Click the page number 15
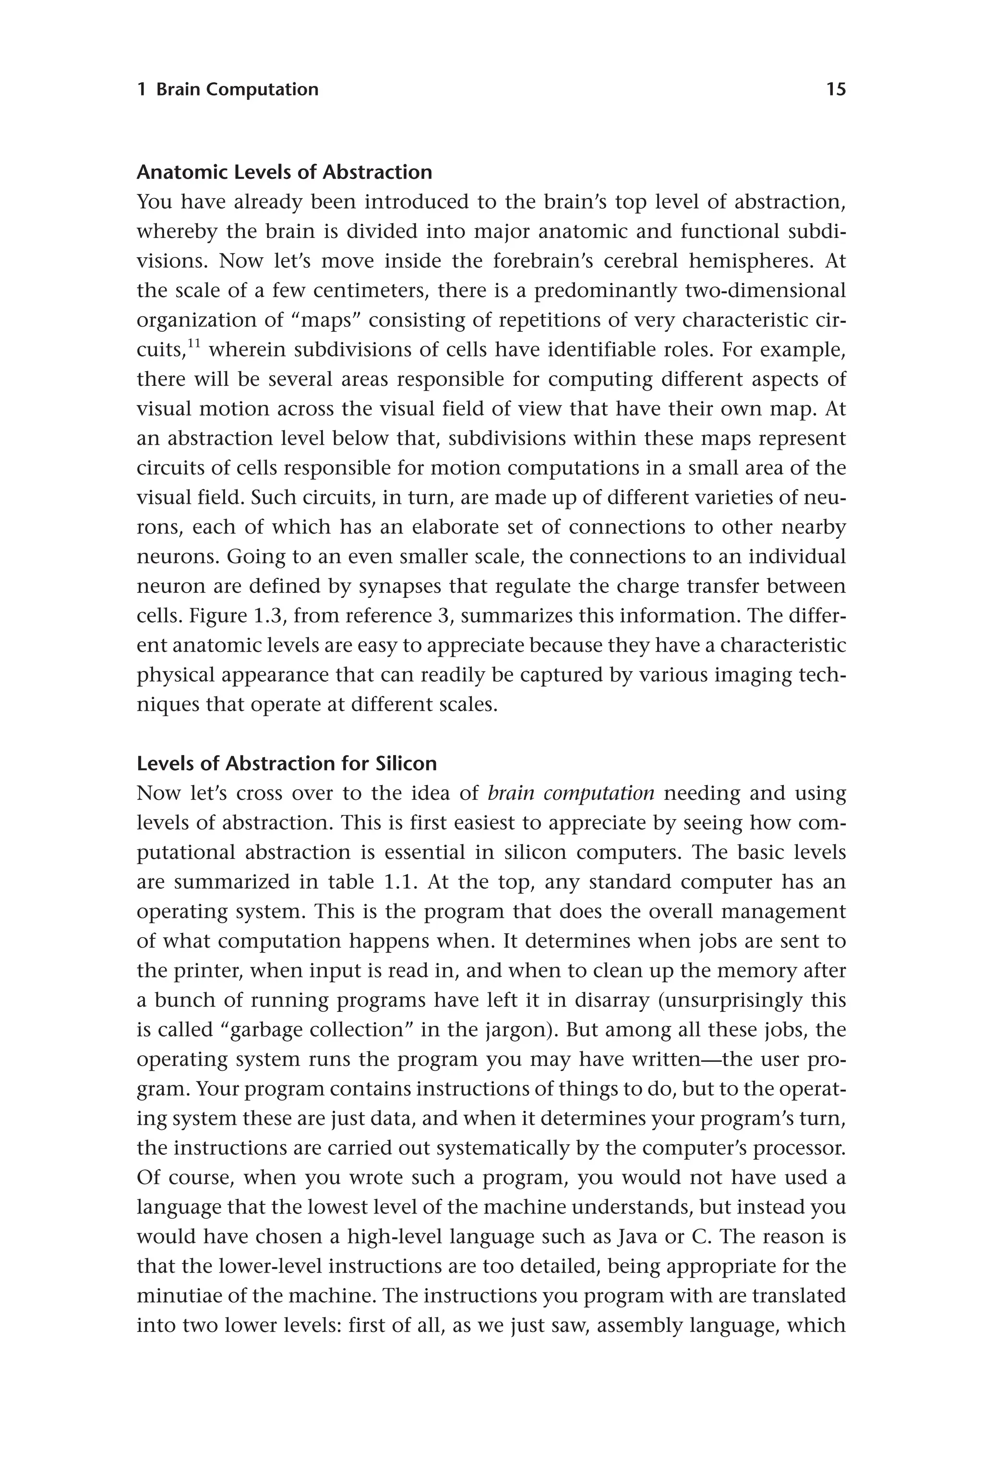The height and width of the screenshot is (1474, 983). [836, 90]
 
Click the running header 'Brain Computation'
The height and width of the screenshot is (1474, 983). [237, 90]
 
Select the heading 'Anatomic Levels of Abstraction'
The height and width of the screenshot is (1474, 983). [284, 172]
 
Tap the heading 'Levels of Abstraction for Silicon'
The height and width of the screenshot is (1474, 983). [287, 763]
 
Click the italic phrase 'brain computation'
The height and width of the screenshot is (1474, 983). [571, 794]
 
